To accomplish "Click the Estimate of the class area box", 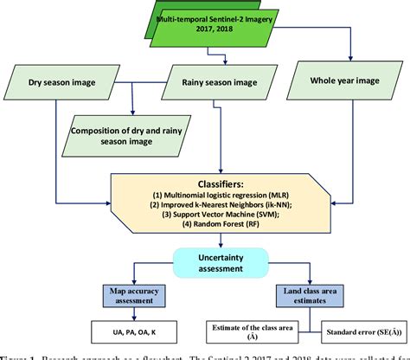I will click(x=262, y=332).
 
